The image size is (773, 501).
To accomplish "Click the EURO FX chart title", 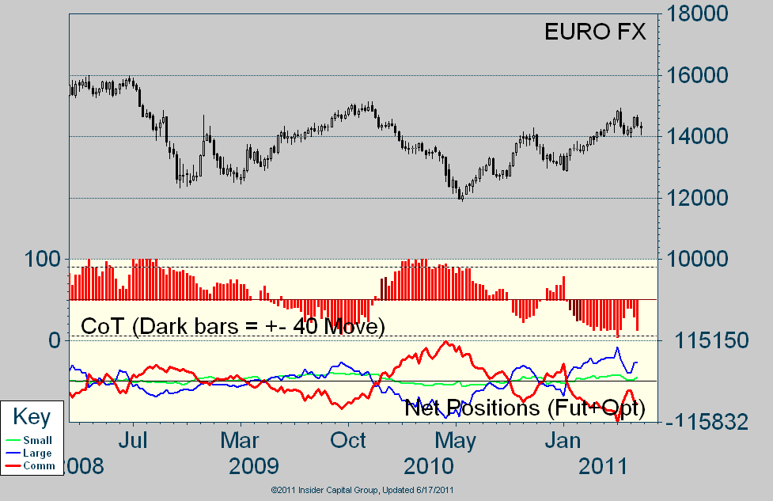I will [595, 32].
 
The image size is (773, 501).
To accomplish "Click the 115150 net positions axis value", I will [710, 340].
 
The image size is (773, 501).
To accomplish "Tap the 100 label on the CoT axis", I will [43, 259].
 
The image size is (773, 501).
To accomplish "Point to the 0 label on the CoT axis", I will [54, 340].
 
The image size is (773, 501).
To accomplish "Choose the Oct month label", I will [349, 438].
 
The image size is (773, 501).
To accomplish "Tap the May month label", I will [457, 438].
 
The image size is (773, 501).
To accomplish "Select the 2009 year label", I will [254, 465].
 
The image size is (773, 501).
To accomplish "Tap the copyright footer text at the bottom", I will [362, 491].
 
